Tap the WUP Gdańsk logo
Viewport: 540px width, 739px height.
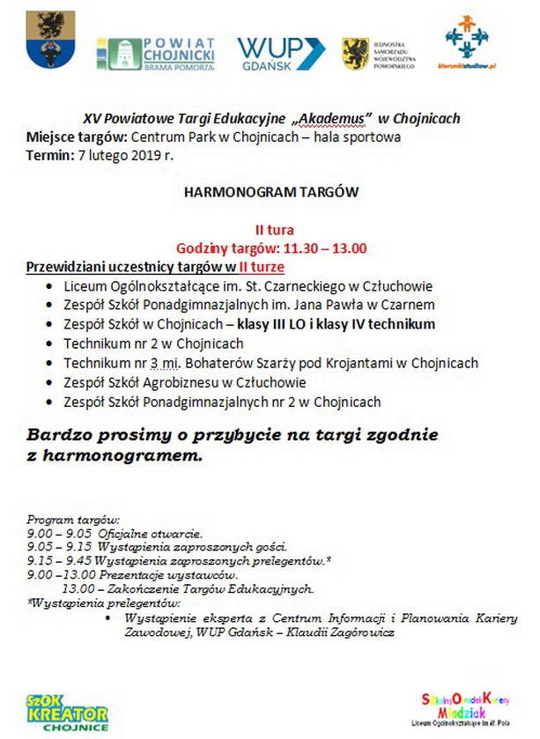click(x=280, y=53)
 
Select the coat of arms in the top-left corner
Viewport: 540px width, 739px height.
click(x=46, y=41)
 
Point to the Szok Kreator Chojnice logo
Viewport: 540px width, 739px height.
click(x=67, y=712)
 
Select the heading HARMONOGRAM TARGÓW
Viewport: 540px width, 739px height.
click(x=271, y=190)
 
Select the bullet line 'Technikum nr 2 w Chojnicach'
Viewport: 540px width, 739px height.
click(x=153, y=344)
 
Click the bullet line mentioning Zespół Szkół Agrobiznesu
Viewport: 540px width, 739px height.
click(x=185, y=382)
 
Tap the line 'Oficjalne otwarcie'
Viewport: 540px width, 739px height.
click(x=144, y=534)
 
